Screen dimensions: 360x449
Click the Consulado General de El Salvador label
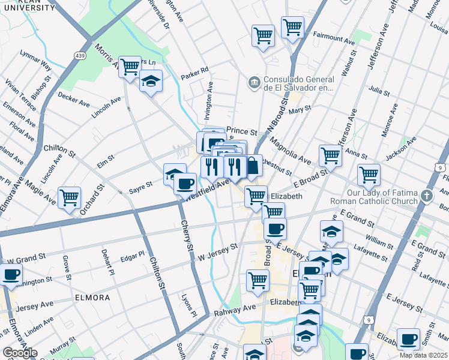click(x=298, y=83)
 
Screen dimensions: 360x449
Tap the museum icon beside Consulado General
click(x=253, y=81)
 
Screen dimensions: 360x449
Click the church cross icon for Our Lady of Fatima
click(x=426, y=196)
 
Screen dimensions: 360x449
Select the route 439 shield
click(x=81, y=56)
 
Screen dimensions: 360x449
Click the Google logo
click(x=20, y=353)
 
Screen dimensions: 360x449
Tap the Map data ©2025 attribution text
click(x=424, y=355)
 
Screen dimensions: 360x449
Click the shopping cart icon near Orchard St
click(x=70, y=197)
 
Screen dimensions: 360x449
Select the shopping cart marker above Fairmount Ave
click(x=292, y=27)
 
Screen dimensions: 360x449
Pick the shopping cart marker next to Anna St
click(x=330, y=155)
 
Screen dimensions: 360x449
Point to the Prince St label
click(x=242, y=131)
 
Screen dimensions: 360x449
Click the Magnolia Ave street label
click(x=290, y=150)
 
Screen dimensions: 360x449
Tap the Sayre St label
click(x=140, y=191)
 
